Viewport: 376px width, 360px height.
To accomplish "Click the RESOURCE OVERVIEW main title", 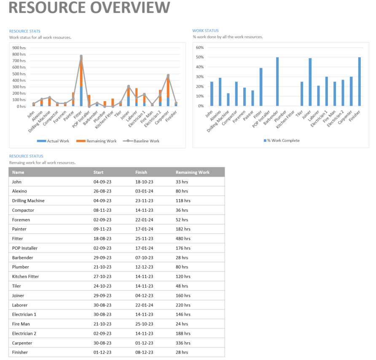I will [x=89, y=8].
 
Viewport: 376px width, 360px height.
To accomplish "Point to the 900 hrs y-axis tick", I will [x=19, y=48].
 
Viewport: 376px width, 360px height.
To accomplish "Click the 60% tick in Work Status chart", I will [x=200, y=48].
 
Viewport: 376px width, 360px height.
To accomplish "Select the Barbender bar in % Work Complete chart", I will [x=277, y=82].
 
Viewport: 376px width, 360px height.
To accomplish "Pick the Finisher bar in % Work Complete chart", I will [x=360, y=82].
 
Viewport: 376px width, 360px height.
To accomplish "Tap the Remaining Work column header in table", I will [x=192, y=172].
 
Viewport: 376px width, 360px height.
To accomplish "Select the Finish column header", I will [x=141, y=172].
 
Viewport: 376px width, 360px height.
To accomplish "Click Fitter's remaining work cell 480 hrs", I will [x=183, y=239].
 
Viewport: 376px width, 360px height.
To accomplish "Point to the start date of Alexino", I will [x=102, y=191].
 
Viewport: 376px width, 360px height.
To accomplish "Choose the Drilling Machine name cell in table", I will [x=28, y=201].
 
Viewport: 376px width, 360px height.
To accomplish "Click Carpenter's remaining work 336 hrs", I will [x=183, y=343].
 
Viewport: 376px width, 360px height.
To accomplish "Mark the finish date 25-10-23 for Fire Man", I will [x=144, y=324].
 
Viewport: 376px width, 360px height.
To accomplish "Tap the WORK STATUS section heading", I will [x=205, y=31].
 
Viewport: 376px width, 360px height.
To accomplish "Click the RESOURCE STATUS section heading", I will [x=26, y=156].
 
